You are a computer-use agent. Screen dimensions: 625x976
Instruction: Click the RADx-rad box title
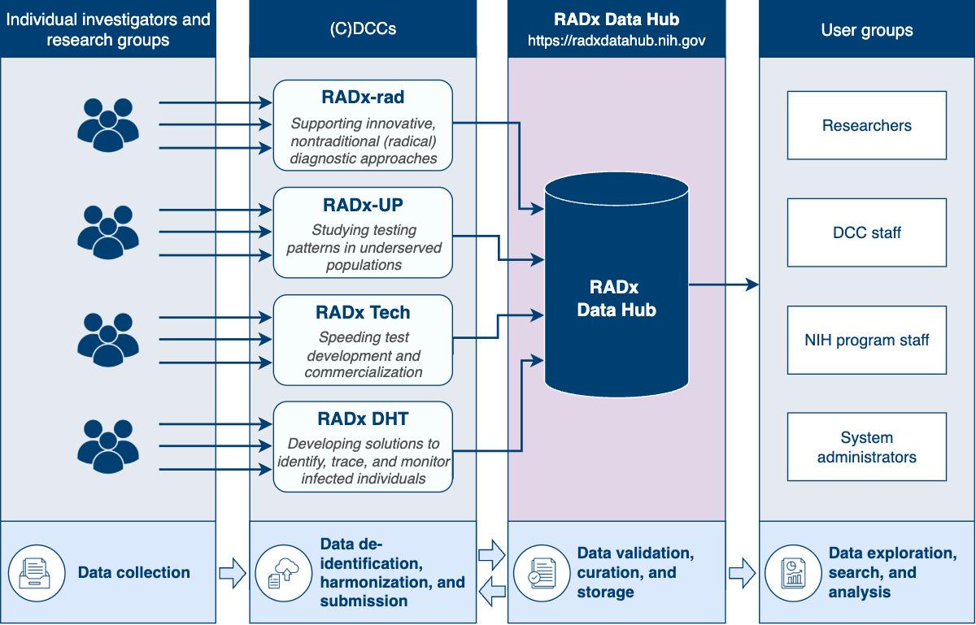tap(363, 98)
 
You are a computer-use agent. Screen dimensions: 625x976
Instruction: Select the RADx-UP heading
tap(363, 206)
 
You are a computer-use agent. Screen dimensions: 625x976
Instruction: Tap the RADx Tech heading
tap(363, 313)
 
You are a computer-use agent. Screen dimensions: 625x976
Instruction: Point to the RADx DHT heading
tap(363, 419)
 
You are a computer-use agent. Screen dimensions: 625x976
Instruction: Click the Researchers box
tap(866, 125)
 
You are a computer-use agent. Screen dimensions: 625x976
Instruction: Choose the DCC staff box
tap(866, 232)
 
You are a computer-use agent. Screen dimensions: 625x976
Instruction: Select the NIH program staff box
tap(866, 340)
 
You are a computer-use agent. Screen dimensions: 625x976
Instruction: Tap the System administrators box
tap(866, 447)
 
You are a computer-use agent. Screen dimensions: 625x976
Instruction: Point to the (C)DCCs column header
tap(363, 29)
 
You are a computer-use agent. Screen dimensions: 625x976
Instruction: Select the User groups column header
tap(866, 30)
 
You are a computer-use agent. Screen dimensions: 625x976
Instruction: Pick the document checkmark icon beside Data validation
tap(538, 572)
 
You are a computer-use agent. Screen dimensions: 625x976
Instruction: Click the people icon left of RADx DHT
tap(108, 446)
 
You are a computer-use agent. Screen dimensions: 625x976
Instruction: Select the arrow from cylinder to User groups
tap(724, 285)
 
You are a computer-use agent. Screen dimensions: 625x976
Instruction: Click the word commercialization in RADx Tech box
tap(363, 372)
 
